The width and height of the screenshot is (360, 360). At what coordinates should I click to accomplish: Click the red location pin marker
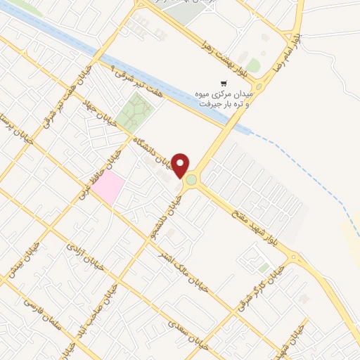[x=181, y=164]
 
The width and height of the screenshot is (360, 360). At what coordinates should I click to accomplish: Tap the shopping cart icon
[x=224, y=82]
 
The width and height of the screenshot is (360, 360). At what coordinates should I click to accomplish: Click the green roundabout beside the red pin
[x=191, y=181]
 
